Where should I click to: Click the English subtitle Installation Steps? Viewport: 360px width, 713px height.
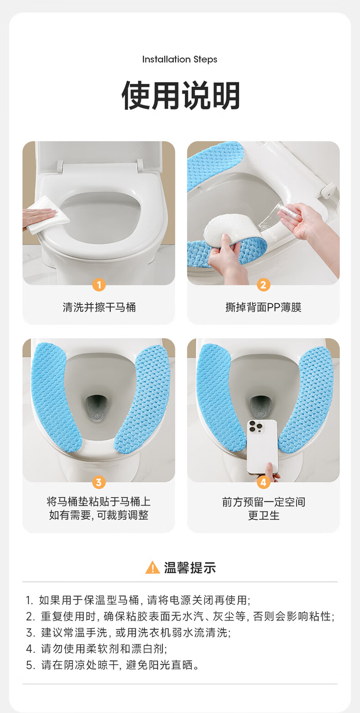pyautogui.click(x=180, y=60)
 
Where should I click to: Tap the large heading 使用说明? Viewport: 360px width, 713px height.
pyautogui.click(x=180, y=96)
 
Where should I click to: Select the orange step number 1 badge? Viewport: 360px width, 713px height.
pyautogui.click(x=99, y=285)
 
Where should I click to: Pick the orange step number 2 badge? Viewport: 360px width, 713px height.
pyautogui.click(x=263, y=285)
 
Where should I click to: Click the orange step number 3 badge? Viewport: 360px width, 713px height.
pyautogui.click(x=99, y=482)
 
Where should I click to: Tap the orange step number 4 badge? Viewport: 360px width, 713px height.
pyautogui.click(x=263, y=482)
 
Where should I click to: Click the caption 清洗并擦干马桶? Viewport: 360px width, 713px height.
pyautogui.click(x=99, y=307)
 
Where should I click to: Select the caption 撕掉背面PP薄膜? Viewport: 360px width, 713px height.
pyautogui.click(x=263, y=307)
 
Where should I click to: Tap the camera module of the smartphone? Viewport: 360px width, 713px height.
pyautogui.click(x=256, y=426)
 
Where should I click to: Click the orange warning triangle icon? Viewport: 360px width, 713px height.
pyautogui.click(x=153, y=567)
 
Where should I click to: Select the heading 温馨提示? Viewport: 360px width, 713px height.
pyautogui.click(x=190, y=568)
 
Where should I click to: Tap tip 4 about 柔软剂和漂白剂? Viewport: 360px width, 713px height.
pyautogui.click(x=97, y=648)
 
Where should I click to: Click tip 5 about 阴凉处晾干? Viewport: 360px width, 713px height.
pyautogui.click(x=113, y=665)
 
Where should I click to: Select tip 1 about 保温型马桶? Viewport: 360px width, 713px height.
pyautogui.click(x=138, y=600)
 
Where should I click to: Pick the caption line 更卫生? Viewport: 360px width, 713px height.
pyautogui.click(x=263, y=515)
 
